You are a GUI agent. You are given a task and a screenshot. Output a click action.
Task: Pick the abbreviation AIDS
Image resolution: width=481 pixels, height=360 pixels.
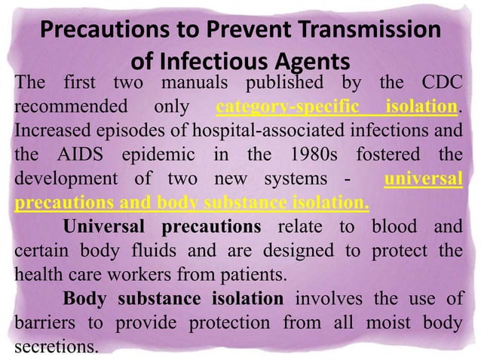coord(78,157)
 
